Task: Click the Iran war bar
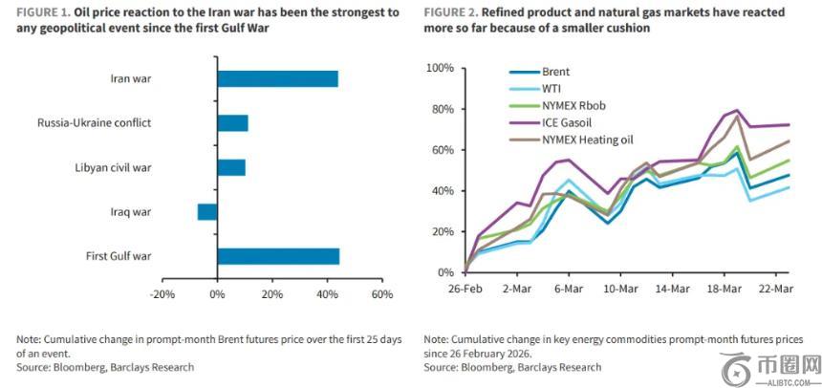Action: pyautogui.click(x=277, y=79)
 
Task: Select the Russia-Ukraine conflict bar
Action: pyautogui.click(x=232, y=123)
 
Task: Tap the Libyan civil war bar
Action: pyautogui.click(x=231, y=167)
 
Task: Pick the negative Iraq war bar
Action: pyautogui.click(x=207, y=211)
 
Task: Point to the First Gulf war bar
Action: pyautogui.click(x=278, y=256)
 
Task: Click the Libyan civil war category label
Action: pyautogui.click(x=114, y=168)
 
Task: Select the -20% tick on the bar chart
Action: pyautogui.click(x=162, y=294)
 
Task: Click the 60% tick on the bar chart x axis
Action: pyautogui.click(x=382, y=294)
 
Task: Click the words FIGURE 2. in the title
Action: pyautogui.click(x=453, y=12)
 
